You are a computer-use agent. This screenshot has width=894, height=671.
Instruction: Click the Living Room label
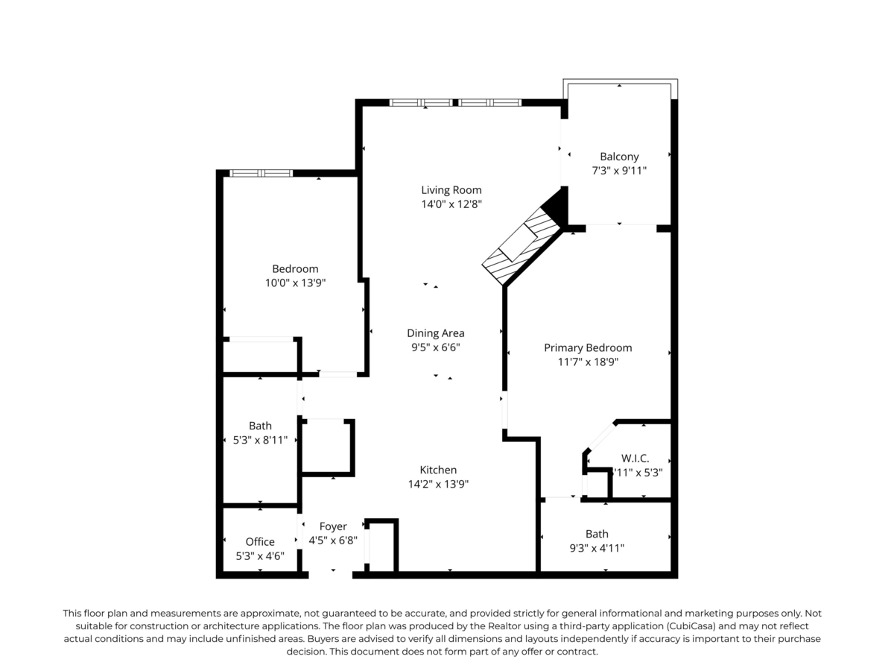451,189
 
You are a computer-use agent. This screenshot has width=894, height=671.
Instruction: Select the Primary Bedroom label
588,347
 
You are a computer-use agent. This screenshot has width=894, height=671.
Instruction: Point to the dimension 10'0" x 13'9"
295,283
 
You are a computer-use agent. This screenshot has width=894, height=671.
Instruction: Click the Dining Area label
436,333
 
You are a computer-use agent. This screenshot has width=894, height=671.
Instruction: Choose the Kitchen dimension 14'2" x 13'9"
438,484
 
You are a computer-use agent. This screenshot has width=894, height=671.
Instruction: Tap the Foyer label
333,526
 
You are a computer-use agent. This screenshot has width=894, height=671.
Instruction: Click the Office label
260,541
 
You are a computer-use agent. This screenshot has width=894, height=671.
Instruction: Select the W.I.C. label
635,458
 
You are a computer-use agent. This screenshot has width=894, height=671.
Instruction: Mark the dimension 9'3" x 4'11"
596,548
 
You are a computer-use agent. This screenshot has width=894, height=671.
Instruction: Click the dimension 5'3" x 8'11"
260,440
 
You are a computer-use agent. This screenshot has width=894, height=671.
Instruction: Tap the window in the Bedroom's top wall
261,173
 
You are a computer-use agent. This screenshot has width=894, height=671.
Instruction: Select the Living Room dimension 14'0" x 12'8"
451,204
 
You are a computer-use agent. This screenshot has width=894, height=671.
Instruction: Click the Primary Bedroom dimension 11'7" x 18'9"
588,362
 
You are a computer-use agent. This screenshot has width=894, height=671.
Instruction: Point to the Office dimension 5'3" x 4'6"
260,555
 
